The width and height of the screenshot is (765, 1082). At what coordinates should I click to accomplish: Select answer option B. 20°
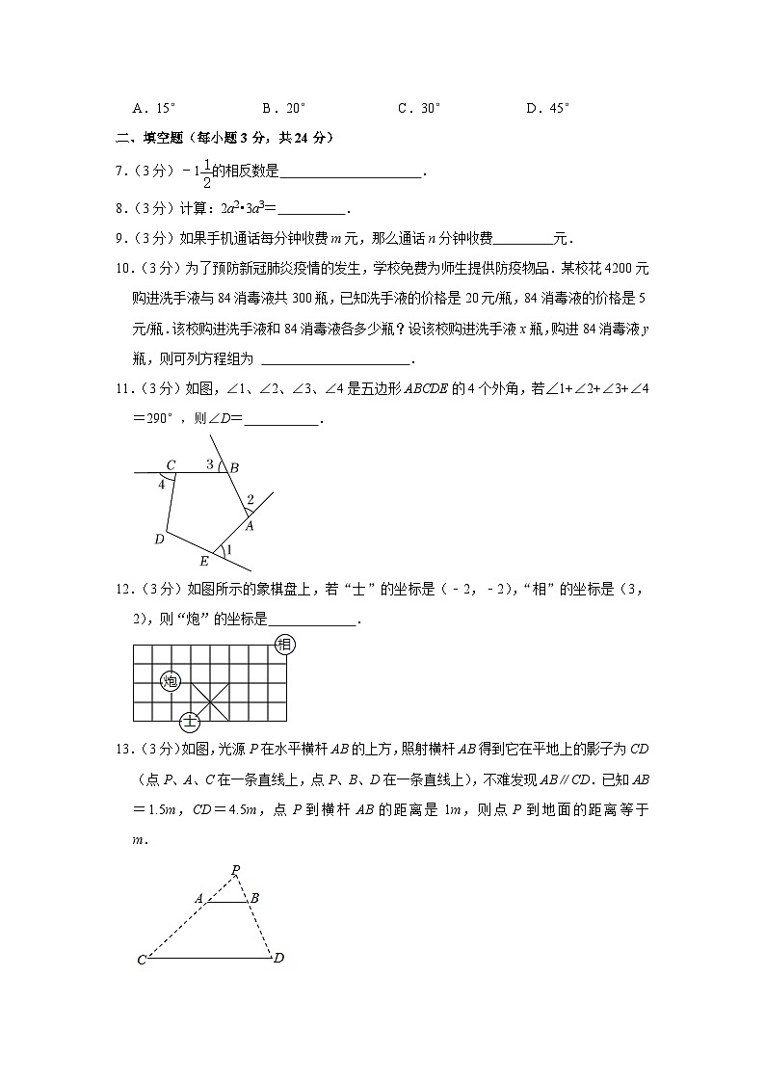click(283, 109)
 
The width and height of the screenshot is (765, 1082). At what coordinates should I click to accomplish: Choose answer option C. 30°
click(419, 109)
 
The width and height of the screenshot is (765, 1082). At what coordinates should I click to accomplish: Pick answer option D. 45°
click(548, 109)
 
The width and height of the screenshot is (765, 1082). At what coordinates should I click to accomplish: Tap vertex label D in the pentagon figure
click(159, 540)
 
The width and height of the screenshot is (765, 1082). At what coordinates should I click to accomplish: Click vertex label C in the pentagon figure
click(171, 465)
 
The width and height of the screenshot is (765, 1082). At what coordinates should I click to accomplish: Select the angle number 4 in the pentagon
click(162, 485)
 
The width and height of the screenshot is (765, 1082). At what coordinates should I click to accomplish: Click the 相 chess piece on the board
click(284, 646)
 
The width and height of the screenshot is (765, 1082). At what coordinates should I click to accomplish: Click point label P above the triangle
click(235, 869)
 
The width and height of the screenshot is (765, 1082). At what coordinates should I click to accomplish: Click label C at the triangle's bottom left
click(141, 961)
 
